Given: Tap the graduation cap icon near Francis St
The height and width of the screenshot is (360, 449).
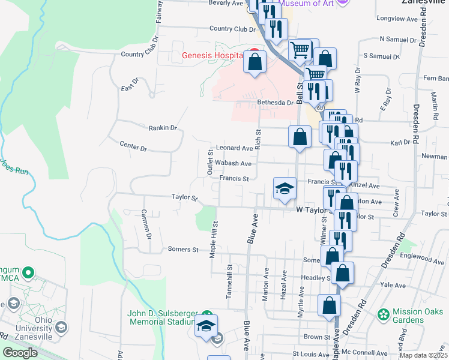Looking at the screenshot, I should (x=285, y=189).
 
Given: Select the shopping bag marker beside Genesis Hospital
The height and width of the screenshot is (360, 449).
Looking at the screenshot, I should (x=255, y=62).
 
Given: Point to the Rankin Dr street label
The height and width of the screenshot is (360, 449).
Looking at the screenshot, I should (x=163, y=128).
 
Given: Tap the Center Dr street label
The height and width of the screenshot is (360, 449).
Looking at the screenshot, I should (x=133, y=146).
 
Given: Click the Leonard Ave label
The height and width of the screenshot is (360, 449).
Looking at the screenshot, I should (x=235, y=148).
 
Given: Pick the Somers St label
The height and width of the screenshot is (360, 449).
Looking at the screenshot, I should (x=183, y=249).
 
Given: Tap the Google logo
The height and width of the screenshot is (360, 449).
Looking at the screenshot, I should (x=20, y=353).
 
